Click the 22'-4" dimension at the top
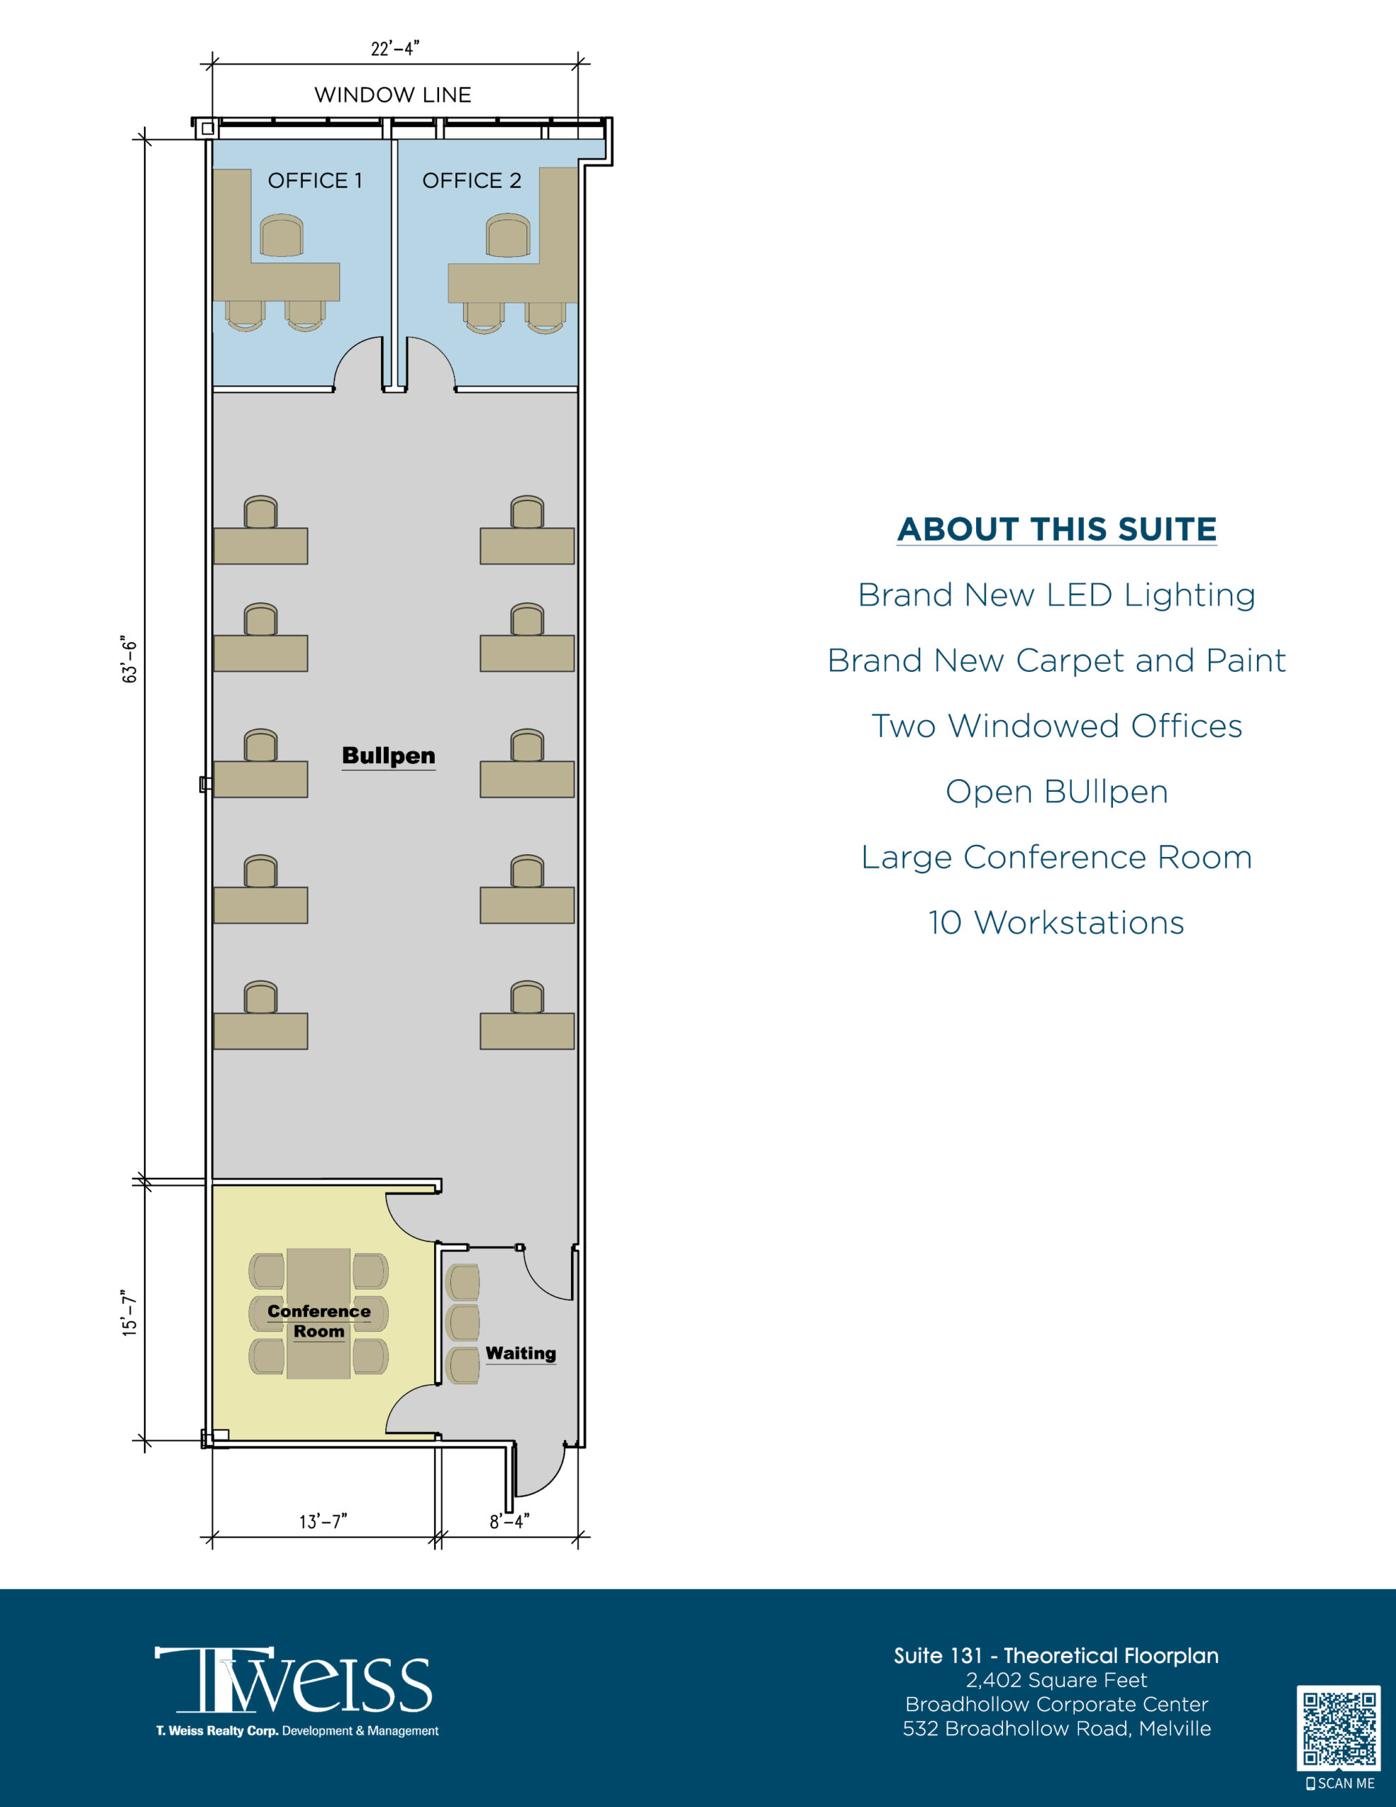click(x=395, y=49)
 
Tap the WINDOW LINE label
click(x=393, y=95)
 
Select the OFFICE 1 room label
click(x=315, y=181)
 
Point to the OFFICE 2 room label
click(x=471, y=181)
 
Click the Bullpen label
click(x=389, y=756)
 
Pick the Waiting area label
click(x=520, y=1352)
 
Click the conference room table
click(x=318, y=1313)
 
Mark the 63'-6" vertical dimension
click(x=129, y=659)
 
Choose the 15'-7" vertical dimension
click(x=129, y=1312)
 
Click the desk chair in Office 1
click(x=282, y=236)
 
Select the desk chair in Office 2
click(x=507, y=236)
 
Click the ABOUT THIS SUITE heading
click(x=1057, y=529)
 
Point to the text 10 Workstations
click(x=1057, y=923)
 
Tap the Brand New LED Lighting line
click(x=1057, y=595)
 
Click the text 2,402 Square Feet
click(x=1057, y=1679)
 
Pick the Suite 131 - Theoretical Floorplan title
click(x=1057, y=1655)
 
